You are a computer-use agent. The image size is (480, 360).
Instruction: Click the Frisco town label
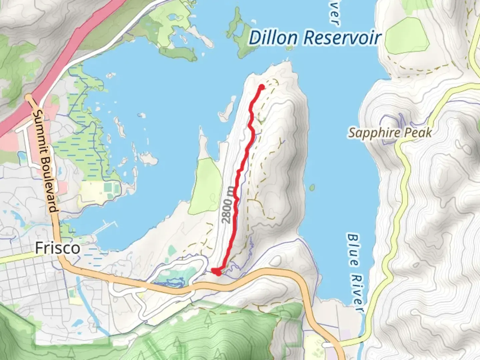click(x=57, y=248)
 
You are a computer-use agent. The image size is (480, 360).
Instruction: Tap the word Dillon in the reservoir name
click(x=273, y=38)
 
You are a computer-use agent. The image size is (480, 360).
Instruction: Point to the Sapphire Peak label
click(x=390, y=133)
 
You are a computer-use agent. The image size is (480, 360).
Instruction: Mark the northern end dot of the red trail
click(x=262, y=87)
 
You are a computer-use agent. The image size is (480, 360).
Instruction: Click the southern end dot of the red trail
click(x=218, y=273)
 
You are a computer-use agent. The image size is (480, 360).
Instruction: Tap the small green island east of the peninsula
click(x=312, y=188)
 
